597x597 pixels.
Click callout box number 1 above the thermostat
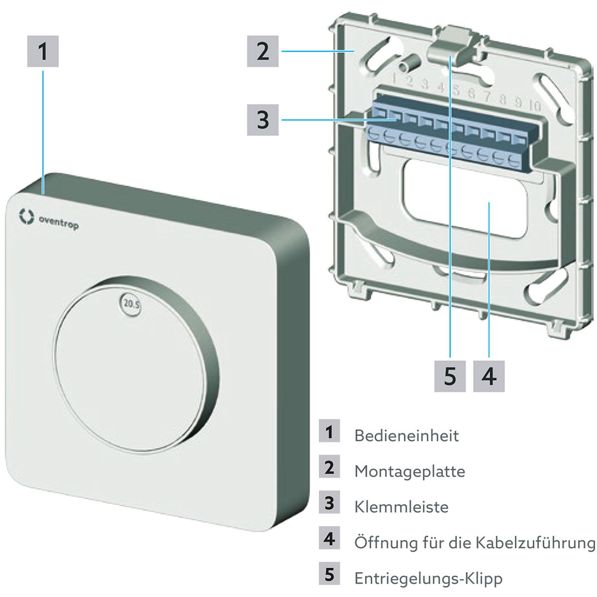pos(43,51)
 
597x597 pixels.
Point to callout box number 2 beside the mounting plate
pos(263,51)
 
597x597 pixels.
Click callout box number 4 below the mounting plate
pos(489,376)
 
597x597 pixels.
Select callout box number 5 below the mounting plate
pos(450,376)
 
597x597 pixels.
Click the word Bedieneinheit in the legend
pos(406,436)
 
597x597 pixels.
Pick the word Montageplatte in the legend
pos(409,471)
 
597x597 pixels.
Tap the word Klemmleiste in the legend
pos(401,507)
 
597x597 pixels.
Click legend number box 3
pos(329,503)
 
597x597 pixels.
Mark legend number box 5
pos(329,575)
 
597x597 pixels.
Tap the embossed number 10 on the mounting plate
pos(535,105)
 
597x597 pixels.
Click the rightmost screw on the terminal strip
pos(514,160)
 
